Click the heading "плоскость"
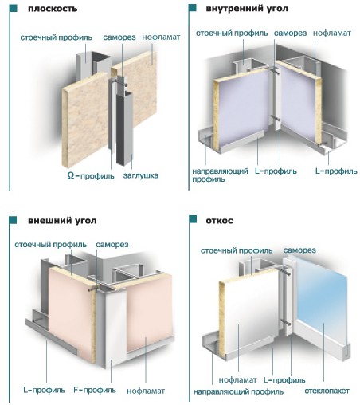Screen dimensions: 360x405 [x=53, y=9]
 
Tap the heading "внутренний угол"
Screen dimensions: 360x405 [x=247, y=9]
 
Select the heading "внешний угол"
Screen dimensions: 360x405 [x=62, y=221]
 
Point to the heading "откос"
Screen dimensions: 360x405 [x=219, y=221]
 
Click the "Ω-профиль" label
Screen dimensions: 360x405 [x=91, y=176]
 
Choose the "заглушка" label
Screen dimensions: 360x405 [x=141, y=175]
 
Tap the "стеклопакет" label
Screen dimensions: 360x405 [x=327, y=391]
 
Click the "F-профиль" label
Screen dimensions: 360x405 [x=95, y=390]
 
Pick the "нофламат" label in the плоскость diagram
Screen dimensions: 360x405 [x=161, y=37]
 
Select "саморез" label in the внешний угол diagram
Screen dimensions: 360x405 [x=112, y=245]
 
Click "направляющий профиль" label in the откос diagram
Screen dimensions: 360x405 [x=238, y=392]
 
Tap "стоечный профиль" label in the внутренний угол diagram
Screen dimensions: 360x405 [x=232, y=33]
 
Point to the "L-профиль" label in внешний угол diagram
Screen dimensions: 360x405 [x=44, y=390]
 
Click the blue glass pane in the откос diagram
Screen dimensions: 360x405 [x=322, y=303]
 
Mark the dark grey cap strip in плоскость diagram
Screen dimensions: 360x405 [x=124, y=128]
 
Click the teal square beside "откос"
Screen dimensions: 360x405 [x=193, y=219]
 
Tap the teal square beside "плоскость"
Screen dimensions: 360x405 [x=13, y=8]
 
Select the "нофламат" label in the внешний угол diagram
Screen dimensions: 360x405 [x=146, y=391]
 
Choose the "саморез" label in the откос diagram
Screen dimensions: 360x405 [x=299, y=250]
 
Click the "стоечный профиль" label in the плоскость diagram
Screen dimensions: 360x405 [x=57, y=37]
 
